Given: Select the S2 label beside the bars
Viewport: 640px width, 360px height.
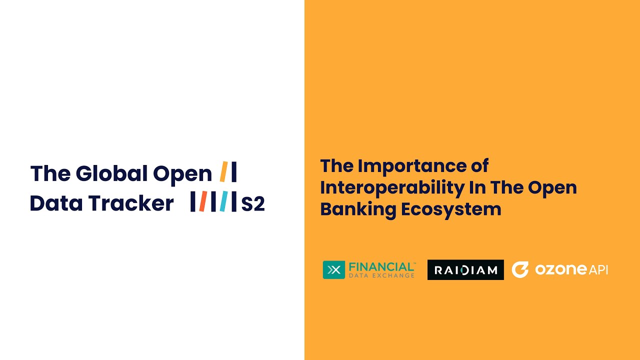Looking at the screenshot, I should click(253, 203).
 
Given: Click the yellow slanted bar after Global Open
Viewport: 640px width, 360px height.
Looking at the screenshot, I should click(223, 172).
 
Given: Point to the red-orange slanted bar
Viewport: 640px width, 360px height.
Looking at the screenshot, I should click(202, 201).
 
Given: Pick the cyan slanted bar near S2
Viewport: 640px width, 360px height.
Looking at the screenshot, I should click(223, 201).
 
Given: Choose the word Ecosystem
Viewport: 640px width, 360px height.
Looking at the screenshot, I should click(451, 209).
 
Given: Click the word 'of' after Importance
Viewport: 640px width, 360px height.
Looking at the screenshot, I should click(477, 165).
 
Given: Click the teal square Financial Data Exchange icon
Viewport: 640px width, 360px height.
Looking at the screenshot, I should click(333, 270).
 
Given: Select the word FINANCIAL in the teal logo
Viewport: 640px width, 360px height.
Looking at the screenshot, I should click(381, 266).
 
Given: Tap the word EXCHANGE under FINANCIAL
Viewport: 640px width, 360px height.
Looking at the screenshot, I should click(395, 275).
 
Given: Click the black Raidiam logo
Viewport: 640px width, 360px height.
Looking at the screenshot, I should click(465, 270).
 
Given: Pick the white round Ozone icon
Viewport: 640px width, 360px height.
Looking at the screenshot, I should click(520, 269).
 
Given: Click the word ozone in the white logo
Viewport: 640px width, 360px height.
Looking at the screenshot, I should click(560, 269).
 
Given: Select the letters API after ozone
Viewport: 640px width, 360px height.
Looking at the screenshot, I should click(598, 269).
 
